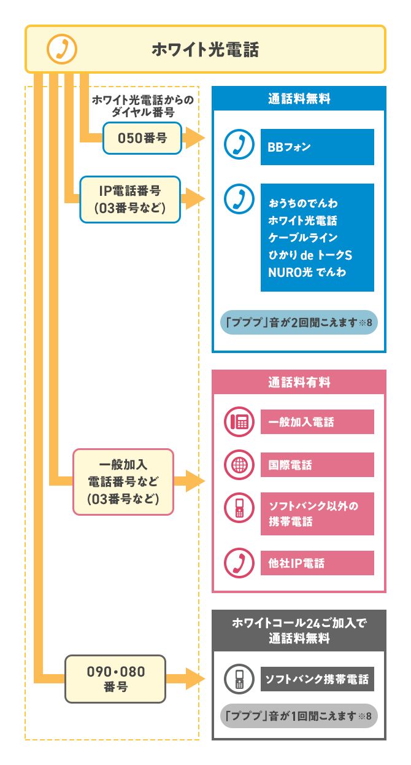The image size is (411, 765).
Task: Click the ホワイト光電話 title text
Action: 205,49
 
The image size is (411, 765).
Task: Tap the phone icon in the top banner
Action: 62,49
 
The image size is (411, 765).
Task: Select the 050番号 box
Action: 142,138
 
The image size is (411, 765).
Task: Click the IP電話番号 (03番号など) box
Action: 130,200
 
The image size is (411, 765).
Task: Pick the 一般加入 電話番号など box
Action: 123,481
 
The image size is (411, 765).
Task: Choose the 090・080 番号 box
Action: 115,678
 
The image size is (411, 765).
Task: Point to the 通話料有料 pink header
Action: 299,382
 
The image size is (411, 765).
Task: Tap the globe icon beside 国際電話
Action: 238,465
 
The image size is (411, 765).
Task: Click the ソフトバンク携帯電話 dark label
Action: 317,679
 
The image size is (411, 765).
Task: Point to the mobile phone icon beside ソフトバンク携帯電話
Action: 238,679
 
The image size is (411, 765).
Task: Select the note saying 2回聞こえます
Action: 299,322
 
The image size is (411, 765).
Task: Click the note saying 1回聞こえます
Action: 299,716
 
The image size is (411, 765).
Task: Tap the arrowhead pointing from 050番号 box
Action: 194,138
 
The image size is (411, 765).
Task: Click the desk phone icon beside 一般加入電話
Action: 238,422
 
